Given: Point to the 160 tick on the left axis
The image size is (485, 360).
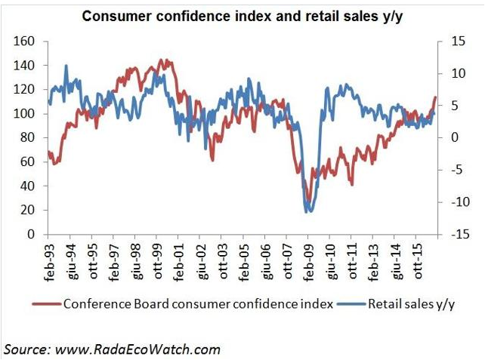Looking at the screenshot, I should pyautogui.click(x=24, y=42).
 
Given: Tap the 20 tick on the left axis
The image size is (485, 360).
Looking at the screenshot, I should pyautogui.click(x=28, y=211).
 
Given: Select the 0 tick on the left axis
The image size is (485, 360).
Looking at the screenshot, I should pyautogui.click(x=31, y=235).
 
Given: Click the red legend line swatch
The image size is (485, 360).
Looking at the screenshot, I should pyautogui.click(x=46, y=305).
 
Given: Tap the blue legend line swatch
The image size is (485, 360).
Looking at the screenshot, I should pyautogui.click(x=352, y=305).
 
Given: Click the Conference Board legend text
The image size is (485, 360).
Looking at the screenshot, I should pyautogui.click(x=197, y=305).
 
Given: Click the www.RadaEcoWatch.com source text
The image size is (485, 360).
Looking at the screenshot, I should pyautogui.click(x=135, y=349).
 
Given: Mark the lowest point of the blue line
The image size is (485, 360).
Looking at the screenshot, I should pyautogui.click(x=307, y=212).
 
